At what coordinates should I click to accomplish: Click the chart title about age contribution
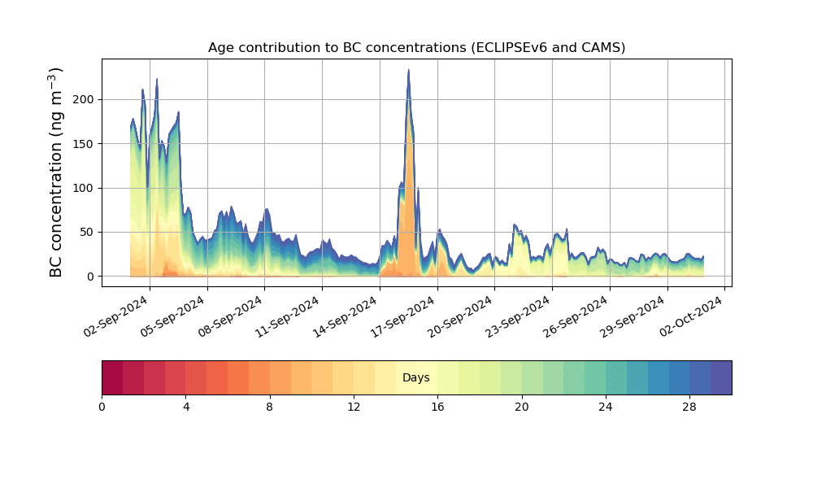[x=416, y=47]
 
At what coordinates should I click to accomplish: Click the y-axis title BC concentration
[x=56, y=172]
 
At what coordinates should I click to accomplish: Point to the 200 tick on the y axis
[x=85, y=99]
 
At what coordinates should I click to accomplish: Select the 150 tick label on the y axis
[x=85, y=144]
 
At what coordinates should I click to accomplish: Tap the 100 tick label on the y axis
[x=85, y=188]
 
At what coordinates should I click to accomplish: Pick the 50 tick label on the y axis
[x=89, y=233]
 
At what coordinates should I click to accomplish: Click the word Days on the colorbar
[x=416, y=377]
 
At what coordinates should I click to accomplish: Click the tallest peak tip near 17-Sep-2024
[x=408, y=70]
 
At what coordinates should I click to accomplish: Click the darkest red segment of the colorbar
[x=112, y=377]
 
